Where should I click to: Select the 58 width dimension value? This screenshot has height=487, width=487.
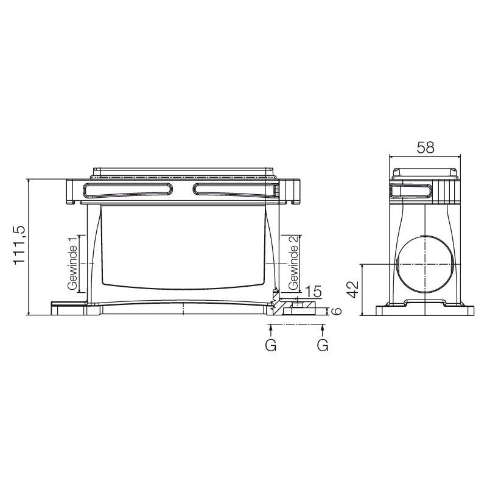[425, 147]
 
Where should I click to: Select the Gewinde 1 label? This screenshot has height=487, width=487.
[72, 264]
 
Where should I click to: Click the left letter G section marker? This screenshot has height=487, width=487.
[271, 345]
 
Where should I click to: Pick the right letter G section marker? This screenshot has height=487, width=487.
[323, 345]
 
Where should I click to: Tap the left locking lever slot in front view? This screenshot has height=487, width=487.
[127, 190]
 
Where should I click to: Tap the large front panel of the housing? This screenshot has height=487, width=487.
[183, 247]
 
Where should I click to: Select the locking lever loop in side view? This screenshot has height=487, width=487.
[411, 191]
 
